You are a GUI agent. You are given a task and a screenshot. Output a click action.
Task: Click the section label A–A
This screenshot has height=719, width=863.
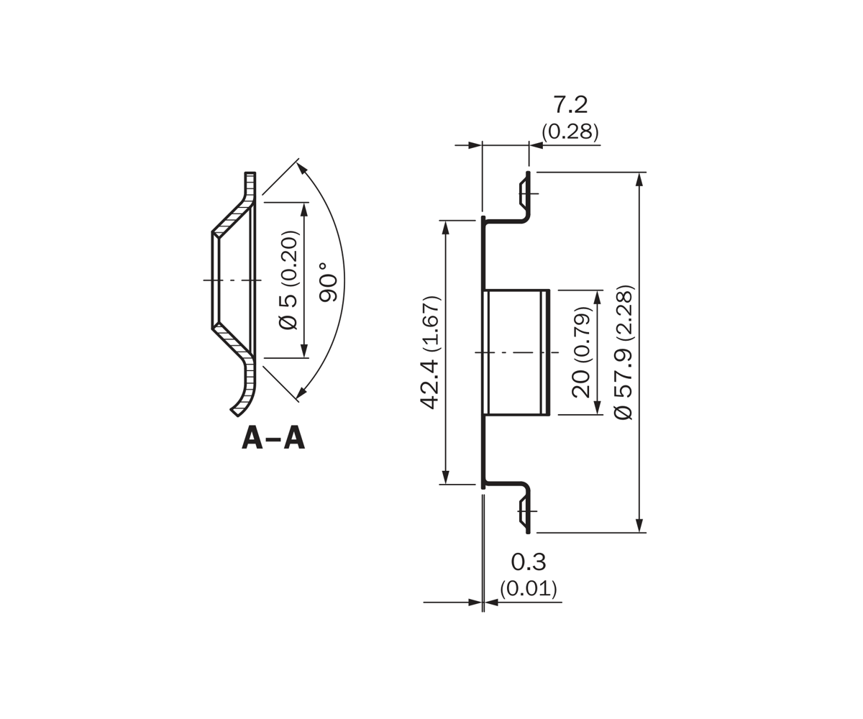click(273, 439)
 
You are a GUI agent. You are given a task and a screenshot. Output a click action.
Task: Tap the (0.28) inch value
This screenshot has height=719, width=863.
click(570, 132)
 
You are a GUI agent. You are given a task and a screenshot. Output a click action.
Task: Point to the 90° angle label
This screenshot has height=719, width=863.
click(329, 283)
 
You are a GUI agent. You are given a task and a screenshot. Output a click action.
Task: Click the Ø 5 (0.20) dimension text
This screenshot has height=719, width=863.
click(288, 280)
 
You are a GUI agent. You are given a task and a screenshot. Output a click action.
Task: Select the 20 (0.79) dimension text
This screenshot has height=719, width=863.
click(581, 352)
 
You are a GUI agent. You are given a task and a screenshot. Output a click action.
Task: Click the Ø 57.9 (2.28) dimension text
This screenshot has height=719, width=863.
click(624, 352)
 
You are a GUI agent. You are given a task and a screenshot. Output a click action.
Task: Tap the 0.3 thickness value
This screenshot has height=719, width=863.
click(529, 562)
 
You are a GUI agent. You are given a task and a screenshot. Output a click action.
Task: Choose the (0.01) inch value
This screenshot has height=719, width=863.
click(529, 588)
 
